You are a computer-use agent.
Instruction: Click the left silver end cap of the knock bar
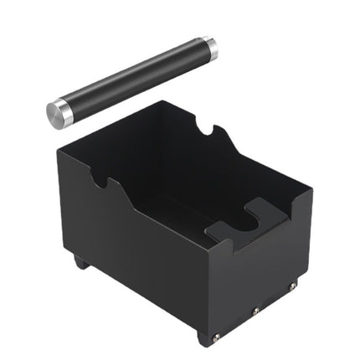(x=59, y=113)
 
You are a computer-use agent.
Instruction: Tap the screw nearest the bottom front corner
(x=217, y=336)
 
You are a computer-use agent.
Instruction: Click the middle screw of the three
(x=255, y=311)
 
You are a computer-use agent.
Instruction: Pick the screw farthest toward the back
(x=291, y=287)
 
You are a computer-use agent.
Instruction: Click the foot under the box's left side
(x=80, y=262)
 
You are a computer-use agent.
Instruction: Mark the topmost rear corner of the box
(x=166, y=102)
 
